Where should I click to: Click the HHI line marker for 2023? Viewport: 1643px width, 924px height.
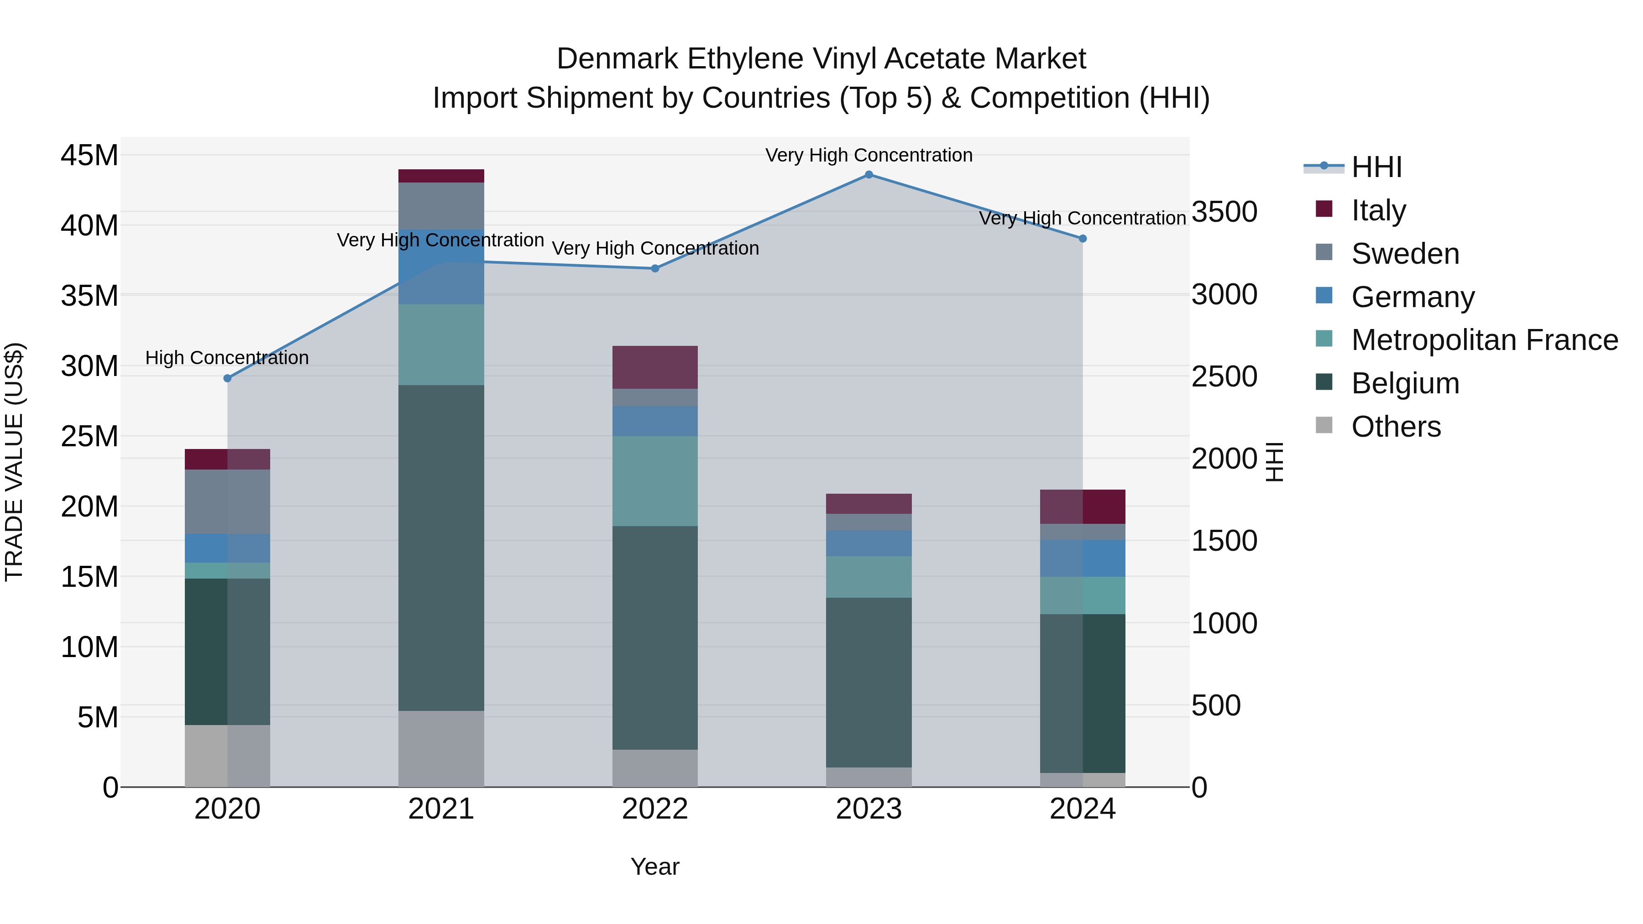tap(869, 175)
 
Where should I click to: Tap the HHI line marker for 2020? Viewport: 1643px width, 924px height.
tap(227, 378)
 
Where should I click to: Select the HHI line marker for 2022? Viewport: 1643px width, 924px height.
tap(655, 268)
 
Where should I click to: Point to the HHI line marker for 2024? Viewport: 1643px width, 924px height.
tap(1083, 239)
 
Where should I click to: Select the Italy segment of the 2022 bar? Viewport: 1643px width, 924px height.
tap(655, 367)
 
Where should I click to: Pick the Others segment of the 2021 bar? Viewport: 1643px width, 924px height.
tap(441, 749)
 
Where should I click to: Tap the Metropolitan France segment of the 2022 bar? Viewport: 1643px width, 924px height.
tap(655, 481)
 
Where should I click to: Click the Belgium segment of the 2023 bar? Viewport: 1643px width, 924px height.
tap(869, 682)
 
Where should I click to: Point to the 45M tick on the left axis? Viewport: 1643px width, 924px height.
tap(89, 155)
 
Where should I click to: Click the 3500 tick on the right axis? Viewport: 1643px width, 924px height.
tap(1224, 212)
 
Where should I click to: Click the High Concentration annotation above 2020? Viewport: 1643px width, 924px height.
tap(227, 358)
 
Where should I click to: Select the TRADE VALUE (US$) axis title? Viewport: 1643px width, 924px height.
tap(14, 462)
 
